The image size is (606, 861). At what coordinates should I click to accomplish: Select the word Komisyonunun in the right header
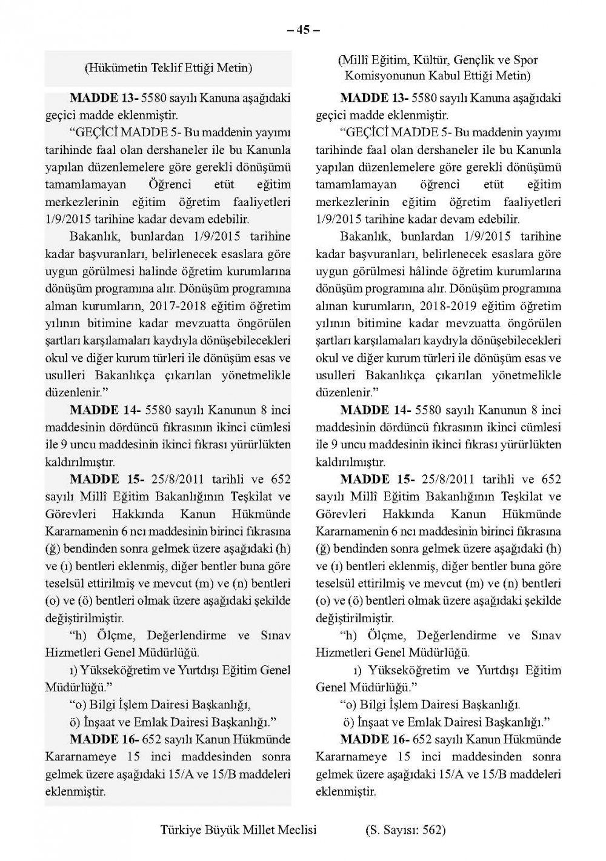[381, 76]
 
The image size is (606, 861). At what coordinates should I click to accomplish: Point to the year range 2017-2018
[202, 306]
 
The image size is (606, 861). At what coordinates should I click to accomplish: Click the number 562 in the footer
[433, 829]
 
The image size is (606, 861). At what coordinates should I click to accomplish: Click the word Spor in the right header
[525, 60]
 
